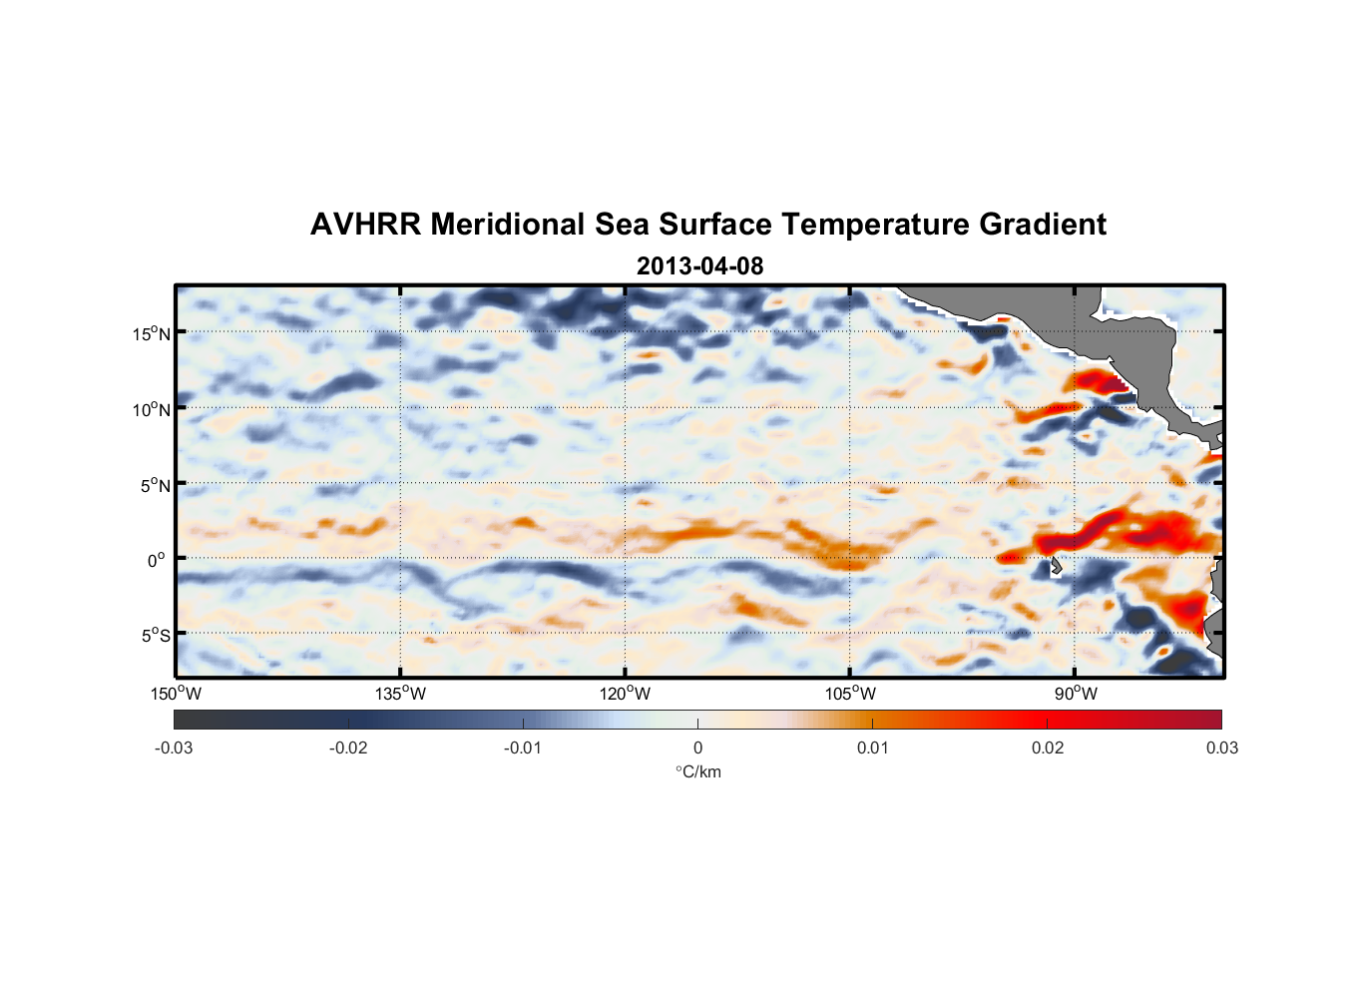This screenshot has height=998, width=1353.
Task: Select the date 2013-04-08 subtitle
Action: point(699,266)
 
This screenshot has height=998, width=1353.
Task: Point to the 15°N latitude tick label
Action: point(152,333)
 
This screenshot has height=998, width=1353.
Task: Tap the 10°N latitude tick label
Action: point(152,409)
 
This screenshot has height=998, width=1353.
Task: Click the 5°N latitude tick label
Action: point(155,485)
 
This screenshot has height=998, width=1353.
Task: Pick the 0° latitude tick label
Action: point(157,560)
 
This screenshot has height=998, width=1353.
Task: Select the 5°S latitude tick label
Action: point(155,635)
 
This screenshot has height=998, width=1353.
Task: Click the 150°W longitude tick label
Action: point(176,694)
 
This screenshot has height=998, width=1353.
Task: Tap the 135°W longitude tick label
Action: point(400,694)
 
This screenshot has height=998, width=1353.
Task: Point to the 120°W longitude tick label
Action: point(625,694)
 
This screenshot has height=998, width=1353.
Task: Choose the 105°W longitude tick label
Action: point(850,694)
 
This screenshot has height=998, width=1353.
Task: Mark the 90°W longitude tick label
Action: point(1076,694)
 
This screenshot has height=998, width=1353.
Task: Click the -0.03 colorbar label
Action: point(174,748)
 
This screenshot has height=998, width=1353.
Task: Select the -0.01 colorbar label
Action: point(523,748)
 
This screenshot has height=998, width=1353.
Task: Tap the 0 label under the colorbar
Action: point(697,748)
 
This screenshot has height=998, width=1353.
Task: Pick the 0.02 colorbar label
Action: point(1048,748)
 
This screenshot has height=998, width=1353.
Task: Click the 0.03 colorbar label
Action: point(1221,748)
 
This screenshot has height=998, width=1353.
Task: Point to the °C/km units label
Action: point(697,771)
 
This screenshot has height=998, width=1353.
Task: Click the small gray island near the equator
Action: point(1056,566)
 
